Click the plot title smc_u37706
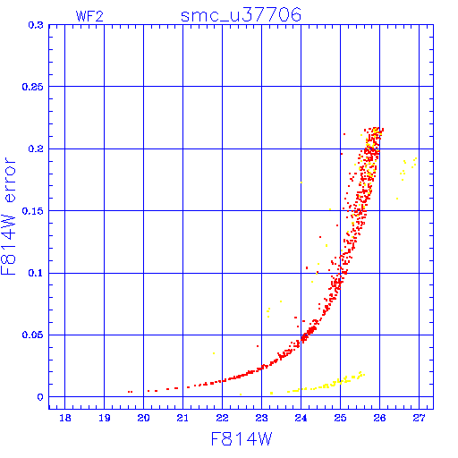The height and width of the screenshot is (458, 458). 241,15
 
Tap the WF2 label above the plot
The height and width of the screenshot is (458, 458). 89,16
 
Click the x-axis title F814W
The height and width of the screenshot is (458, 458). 242,439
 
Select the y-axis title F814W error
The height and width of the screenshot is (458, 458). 8,216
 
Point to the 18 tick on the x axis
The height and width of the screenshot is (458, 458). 65,418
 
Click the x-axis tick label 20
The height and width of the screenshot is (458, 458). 143,418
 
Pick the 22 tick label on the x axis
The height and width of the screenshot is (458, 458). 222,418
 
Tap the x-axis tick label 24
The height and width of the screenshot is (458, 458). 301,418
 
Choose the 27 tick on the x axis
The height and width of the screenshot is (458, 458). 419,418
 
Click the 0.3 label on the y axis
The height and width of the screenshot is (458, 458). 36,25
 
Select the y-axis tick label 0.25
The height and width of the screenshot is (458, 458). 33,87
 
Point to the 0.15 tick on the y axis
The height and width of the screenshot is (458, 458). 33,211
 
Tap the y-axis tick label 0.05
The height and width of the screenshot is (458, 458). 33,335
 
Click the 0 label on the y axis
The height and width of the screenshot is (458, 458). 40,397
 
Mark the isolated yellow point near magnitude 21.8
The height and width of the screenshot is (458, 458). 214,353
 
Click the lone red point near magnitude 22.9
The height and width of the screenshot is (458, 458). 258,346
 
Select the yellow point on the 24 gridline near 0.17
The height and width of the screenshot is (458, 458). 301,182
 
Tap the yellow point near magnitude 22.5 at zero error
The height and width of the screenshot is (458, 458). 241,394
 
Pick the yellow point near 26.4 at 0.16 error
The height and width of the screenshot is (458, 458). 397,199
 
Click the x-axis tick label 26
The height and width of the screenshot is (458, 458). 379,418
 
